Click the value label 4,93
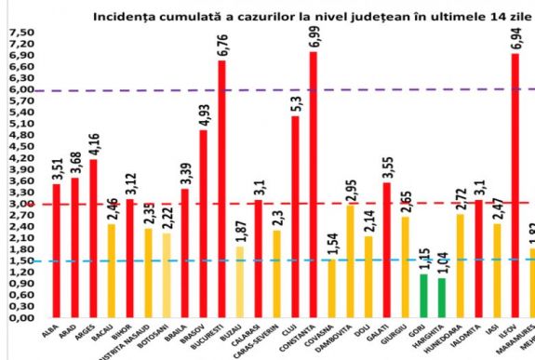click(x=204, y=114)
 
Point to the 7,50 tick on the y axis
click(x=20, y=33)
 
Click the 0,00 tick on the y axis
click(x=20, y=317)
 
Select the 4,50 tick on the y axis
click(x=20, y=146)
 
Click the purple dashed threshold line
click(x=140, y=90)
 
